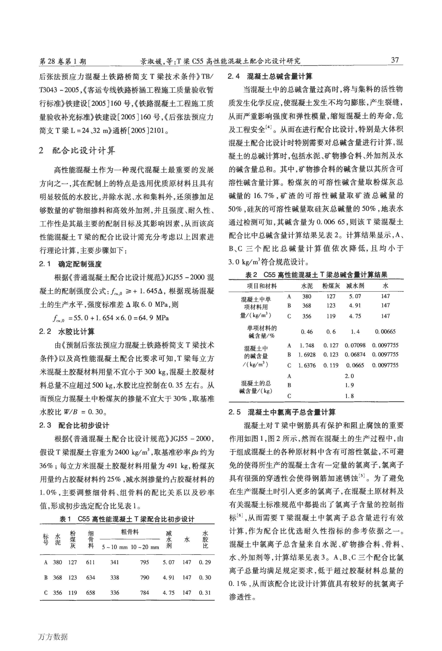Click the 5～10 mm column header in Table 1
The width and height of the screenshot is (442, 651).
point(114,547)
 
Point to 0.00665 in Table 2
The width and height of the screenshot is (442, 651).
point(385,332)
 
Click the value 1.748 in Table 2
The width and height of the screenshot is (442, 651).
point(307,345)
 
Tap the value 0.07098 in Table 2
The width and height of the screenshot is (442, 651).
point(355,345)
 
